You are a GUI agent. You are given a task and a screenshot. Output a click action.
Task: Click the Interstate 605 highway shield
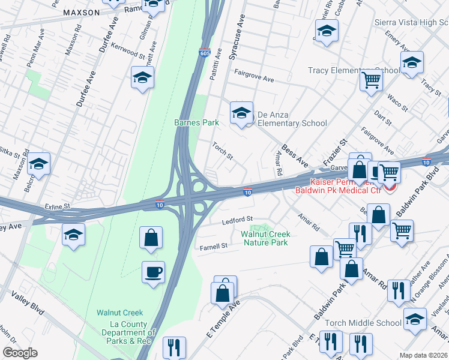pyautogui.click(x=205, y=53)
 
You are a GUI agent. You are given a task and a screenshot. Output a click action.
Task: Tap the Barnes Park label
pyautogui.click(x=196, y=122)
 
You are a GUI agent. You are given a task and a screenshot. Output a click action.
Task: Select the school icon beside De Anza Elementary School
pyautogui.click(x=241, y=112)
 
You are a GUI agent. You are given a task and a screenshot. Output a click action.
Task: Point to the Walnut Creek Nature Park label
pyautogui.click(x=265, y=238)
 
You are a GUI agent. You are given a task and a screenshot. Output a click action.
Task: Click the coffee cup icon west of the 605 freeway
pyautogui.click(x=153, y=272)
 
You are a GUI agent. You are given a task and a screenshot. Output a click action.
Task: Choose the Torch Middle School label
pyautogui.click(x=363, y=323)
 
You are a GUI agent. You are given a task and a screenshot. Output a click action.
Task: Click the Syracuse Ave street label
pyautogui.click(x=236, y=38)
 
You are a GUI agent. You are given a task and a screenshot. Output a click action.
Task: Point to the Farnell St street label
pyautogui.click(x=214, y=246)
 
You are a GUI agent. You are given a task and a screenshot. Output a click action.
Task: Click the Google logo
pyautogui.click(x=19, y=353)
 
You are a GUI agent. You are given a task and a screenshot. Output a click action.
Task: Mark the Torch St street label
pyautogui.click(x=223, y=150)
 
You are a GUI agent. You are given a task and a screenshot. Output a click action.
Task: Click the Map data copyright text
pyautogui.click(x=423, y=355)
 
